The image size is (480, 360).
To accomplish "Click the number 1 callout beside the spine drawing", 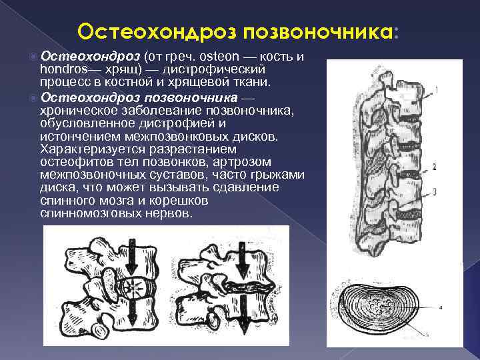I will point(435,89).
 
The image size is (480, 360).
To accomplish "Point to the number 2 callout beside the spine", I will point(435,166).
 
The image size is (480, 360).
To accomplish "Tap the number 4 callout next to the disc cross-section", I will point(441,307).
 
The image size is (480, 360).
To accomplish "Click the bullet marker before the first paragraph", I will point(34,57).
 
